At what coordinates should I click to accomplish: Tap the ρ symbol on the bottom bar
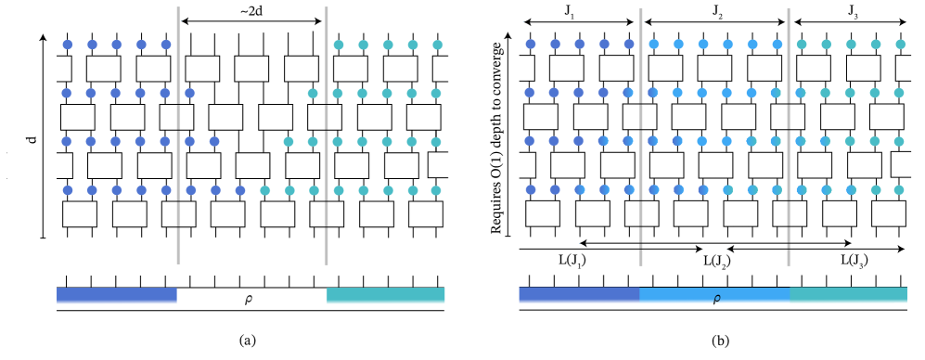tap(715, 300)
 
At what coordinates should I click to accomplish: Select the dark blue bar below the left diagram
tap(117, 294)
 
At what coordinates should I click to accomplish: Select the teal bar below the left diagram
tap(385, 294)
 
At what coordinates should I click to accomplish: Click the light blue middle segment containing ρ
tap(714, 294)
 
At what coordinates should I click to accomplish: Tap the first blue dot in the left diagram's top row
tap(67, 45)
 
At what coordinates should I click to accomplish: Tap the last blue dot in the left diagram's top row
tap(166, 45)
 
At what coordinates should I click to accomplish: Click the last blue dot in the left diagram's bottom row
tap(240, 190)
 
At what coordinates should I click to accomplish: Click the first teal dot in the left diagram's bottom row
tap(264, 190)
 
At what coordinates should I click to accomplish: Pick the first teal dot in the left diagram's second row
tap(313, 93)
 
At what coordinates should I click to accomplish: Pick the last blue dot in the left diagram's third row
tap(214, 141)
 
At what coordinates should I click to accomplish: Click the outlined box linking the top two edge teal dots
tap(436, 69)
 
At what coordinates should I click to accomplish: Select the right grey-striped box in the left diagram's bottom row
tap(326, 214)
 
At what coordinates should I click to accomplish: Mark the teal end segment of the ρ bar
tap(848, 294)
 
